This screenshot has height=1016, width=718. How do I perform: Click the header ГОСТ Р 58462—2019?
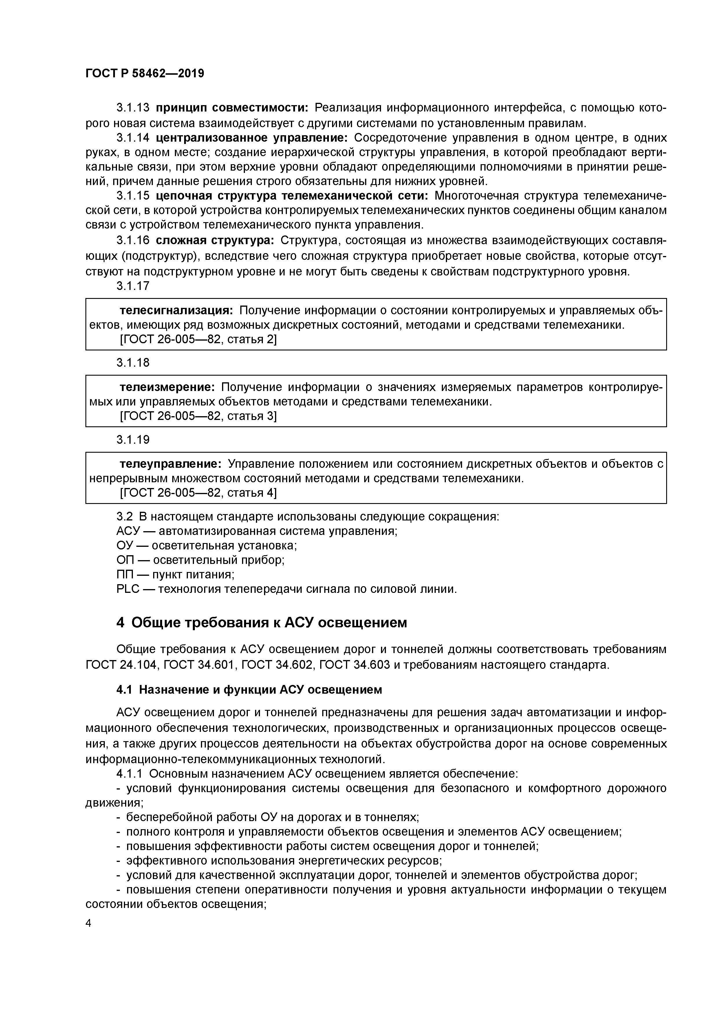point(145,74)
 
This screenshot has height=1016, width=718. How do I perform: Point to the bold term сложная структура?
point(215,240)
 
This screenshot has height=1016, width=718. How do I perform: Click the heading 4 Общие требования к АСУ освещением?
point(261,623)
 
